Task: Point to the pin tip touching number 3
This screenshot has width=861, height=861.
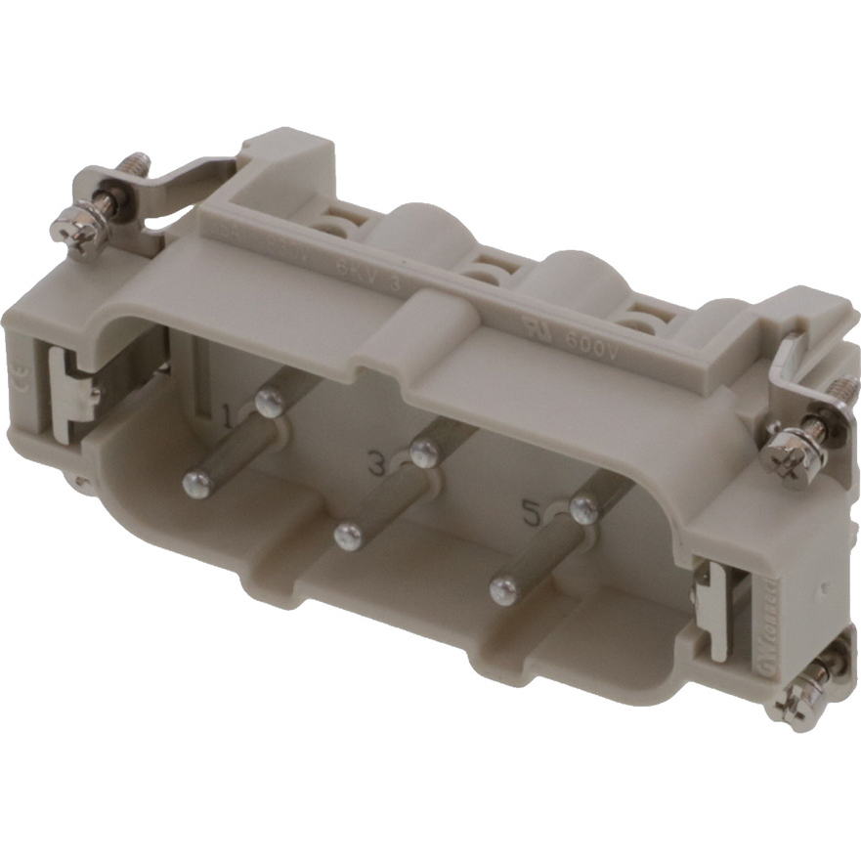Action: click(423, 452)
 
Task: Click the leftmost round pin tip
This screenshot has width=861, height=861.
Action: click(196, 480)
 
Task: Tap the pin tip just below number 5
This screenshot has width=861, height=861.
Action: click(502, 588)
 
